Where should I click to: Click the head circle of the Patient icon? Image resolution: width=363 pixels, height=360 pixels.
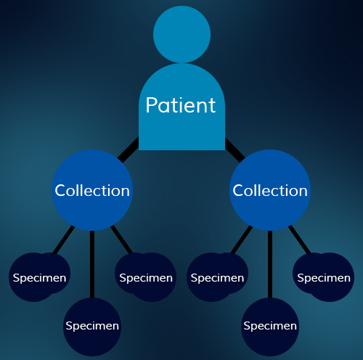tap(181, 34)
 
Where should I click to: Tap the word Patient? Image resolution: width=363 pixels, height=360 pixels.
tap(181, 105)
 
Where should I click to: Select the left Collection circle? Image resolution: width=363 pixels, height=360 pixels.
tap(92, 190)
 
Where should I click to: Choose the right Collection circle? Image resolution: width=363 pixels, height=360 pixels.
tap(270, 190)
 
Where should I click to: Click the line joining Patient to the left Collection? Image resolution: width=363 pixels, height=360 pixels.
tap(129, 150)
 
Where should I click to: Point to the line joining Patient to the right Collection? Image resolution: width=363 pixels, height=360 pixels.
tap(235, 150)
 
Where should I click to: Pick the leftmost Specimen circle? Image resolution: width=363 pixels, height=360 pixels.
tap(39, 277)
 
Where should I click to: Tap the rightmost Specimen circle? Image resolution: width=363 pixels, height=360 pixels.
tap(324, 277)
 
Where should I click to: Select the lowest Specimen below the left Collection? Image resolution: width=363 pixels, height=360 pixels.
tap(92, 327)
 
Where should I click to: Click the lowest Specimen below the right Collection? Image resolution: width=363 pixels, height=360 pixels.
tap(270, 327)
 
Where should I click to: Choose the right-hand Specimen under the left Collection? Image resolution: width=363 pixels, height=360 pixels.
tap(146, 277)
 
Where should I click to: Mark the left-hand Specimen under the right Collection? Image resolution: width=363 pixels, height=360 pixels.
tap(217, 277)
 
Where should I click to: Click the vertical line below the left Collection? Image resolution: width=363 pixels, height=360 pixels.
tap(92, 264)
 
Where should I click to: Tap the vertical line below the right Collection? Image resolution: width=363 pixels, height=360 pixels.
tap(270, 264)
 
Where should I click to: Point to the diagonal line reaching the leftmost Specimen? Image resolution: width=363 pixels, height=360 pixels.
tap(64, 240)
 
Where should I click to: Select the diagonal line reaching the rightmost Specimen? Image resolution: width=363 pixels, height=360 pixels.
tap(299, 240)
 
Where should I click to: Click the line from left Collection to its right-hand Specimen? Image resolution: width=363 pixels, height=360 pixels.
tap(121, 240)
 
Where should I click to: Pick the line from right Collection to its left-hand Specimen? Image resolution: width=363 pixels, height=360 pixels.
tap(242, 240)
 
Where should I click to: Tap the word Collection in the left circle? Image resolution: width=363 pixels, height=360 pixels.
tap(92, 191)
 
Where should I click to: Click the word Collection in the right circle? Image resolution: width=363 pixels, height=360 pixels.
tap(270, 191)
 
